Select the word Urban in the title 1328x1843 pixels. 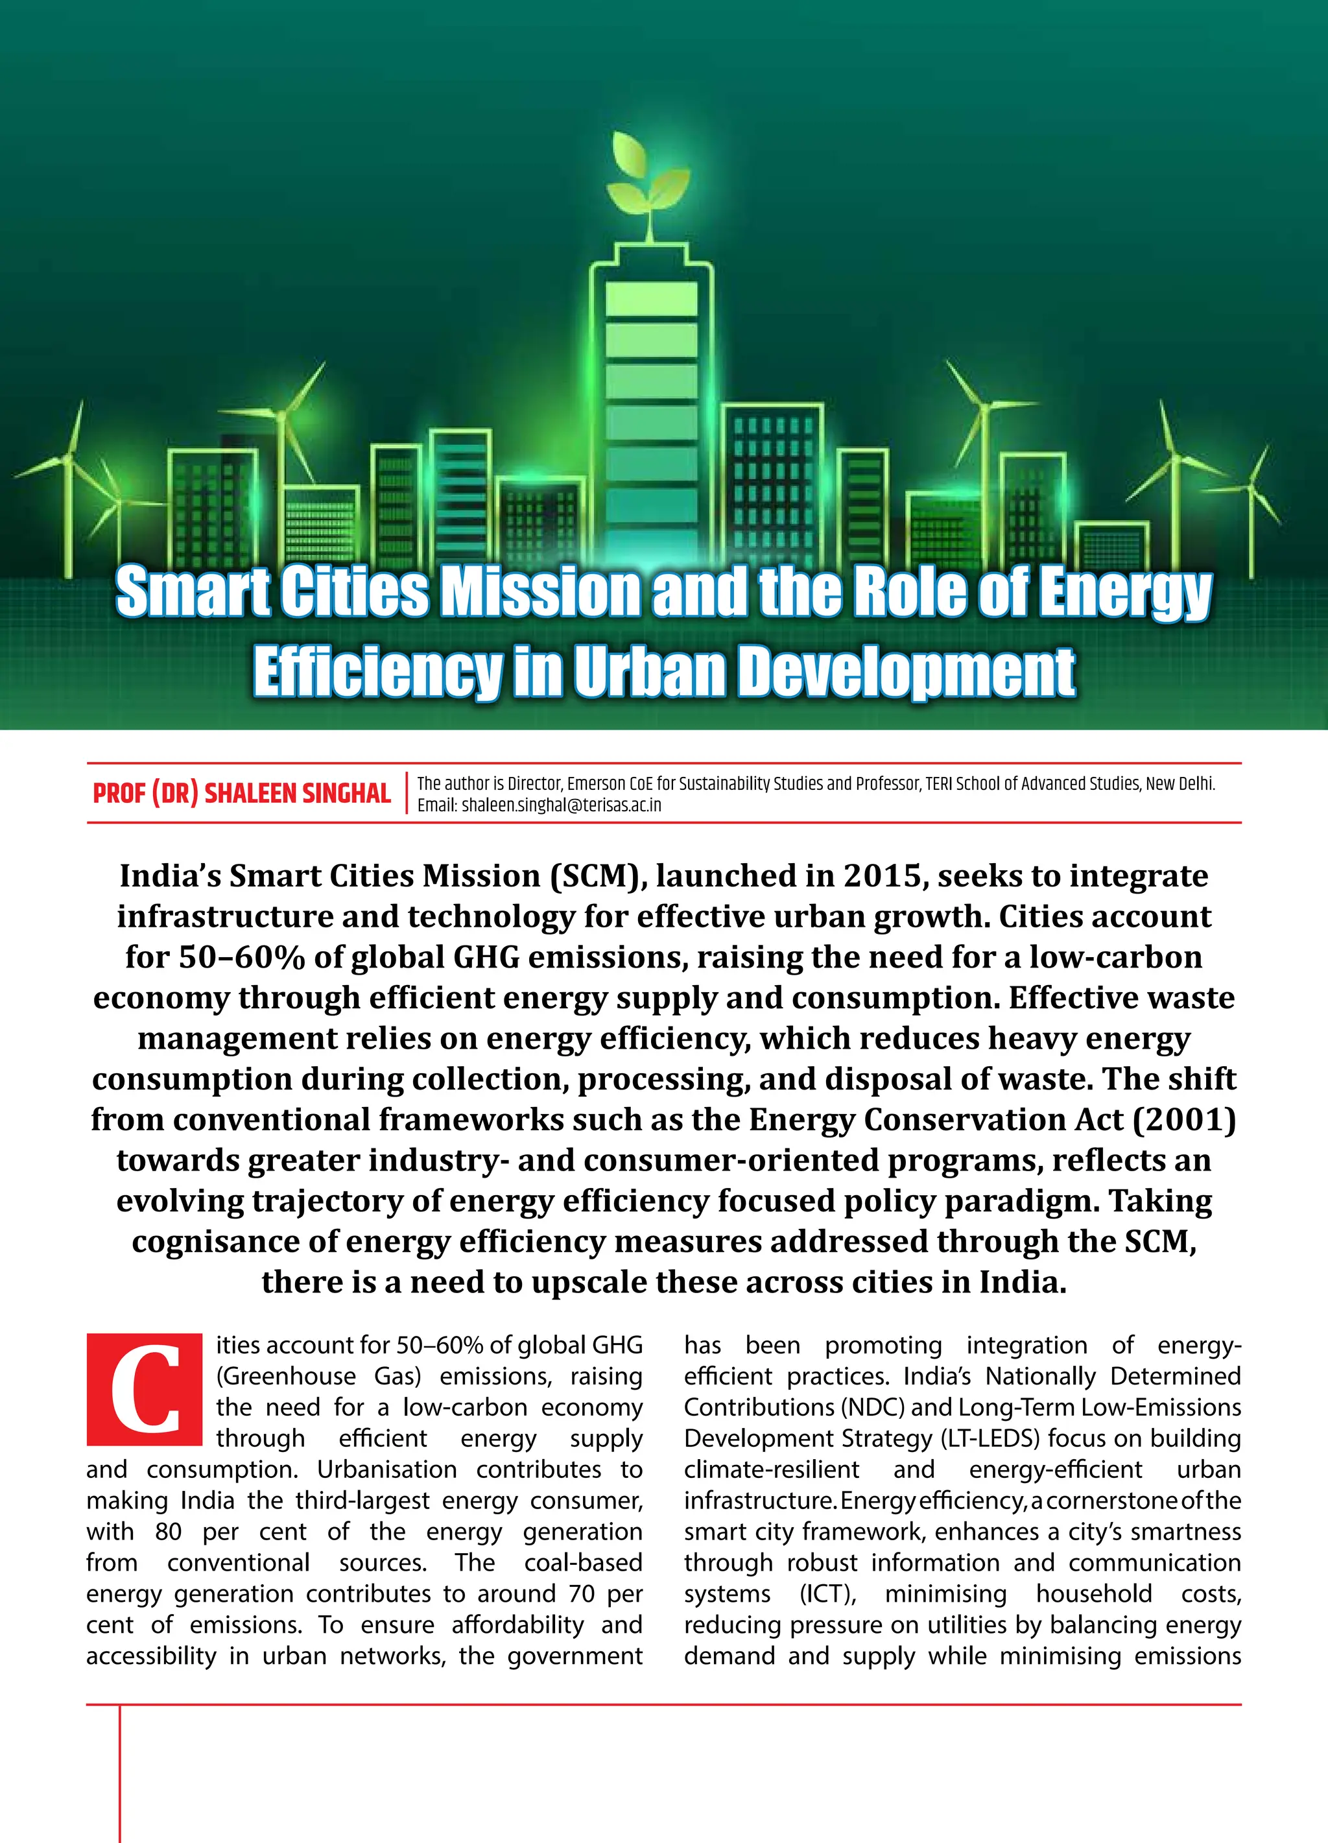click(x=649, y=672)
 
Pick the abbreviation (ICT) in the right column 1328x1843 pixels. click(x=828, y=1593)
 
